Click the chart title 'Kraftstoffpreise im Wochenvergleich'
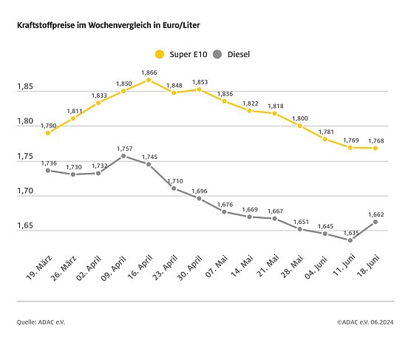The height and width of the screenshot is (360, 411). pos(108,25)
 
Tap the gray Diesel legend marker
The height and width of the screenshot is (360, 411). pos(218,54)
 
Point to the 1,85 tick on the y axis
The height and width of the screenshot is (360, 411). pos(26,87)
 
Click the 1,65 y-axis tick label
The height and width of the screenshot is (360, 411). pos(26,226)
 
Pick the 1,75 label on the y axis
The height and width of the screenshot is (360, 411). pos(26,157)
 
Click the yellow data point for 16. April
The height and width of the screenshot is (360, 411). pos(149,80)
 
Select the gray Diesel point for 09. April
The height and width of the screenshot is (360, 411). pos(123,156)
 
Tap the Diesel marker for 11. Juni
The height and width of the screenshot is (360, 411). pos(350,240)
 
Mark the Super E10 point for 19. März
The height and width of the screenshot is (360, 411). pos(47,133)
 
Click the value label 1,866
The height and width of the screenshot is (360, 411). pos(149,72)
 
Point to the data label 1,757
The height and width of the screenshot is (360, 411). pos(123,148)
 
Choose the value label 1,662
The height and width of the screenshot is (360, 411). pos(376,214)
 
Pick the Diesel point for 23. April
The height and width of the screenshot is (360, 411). pos(174,189)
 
